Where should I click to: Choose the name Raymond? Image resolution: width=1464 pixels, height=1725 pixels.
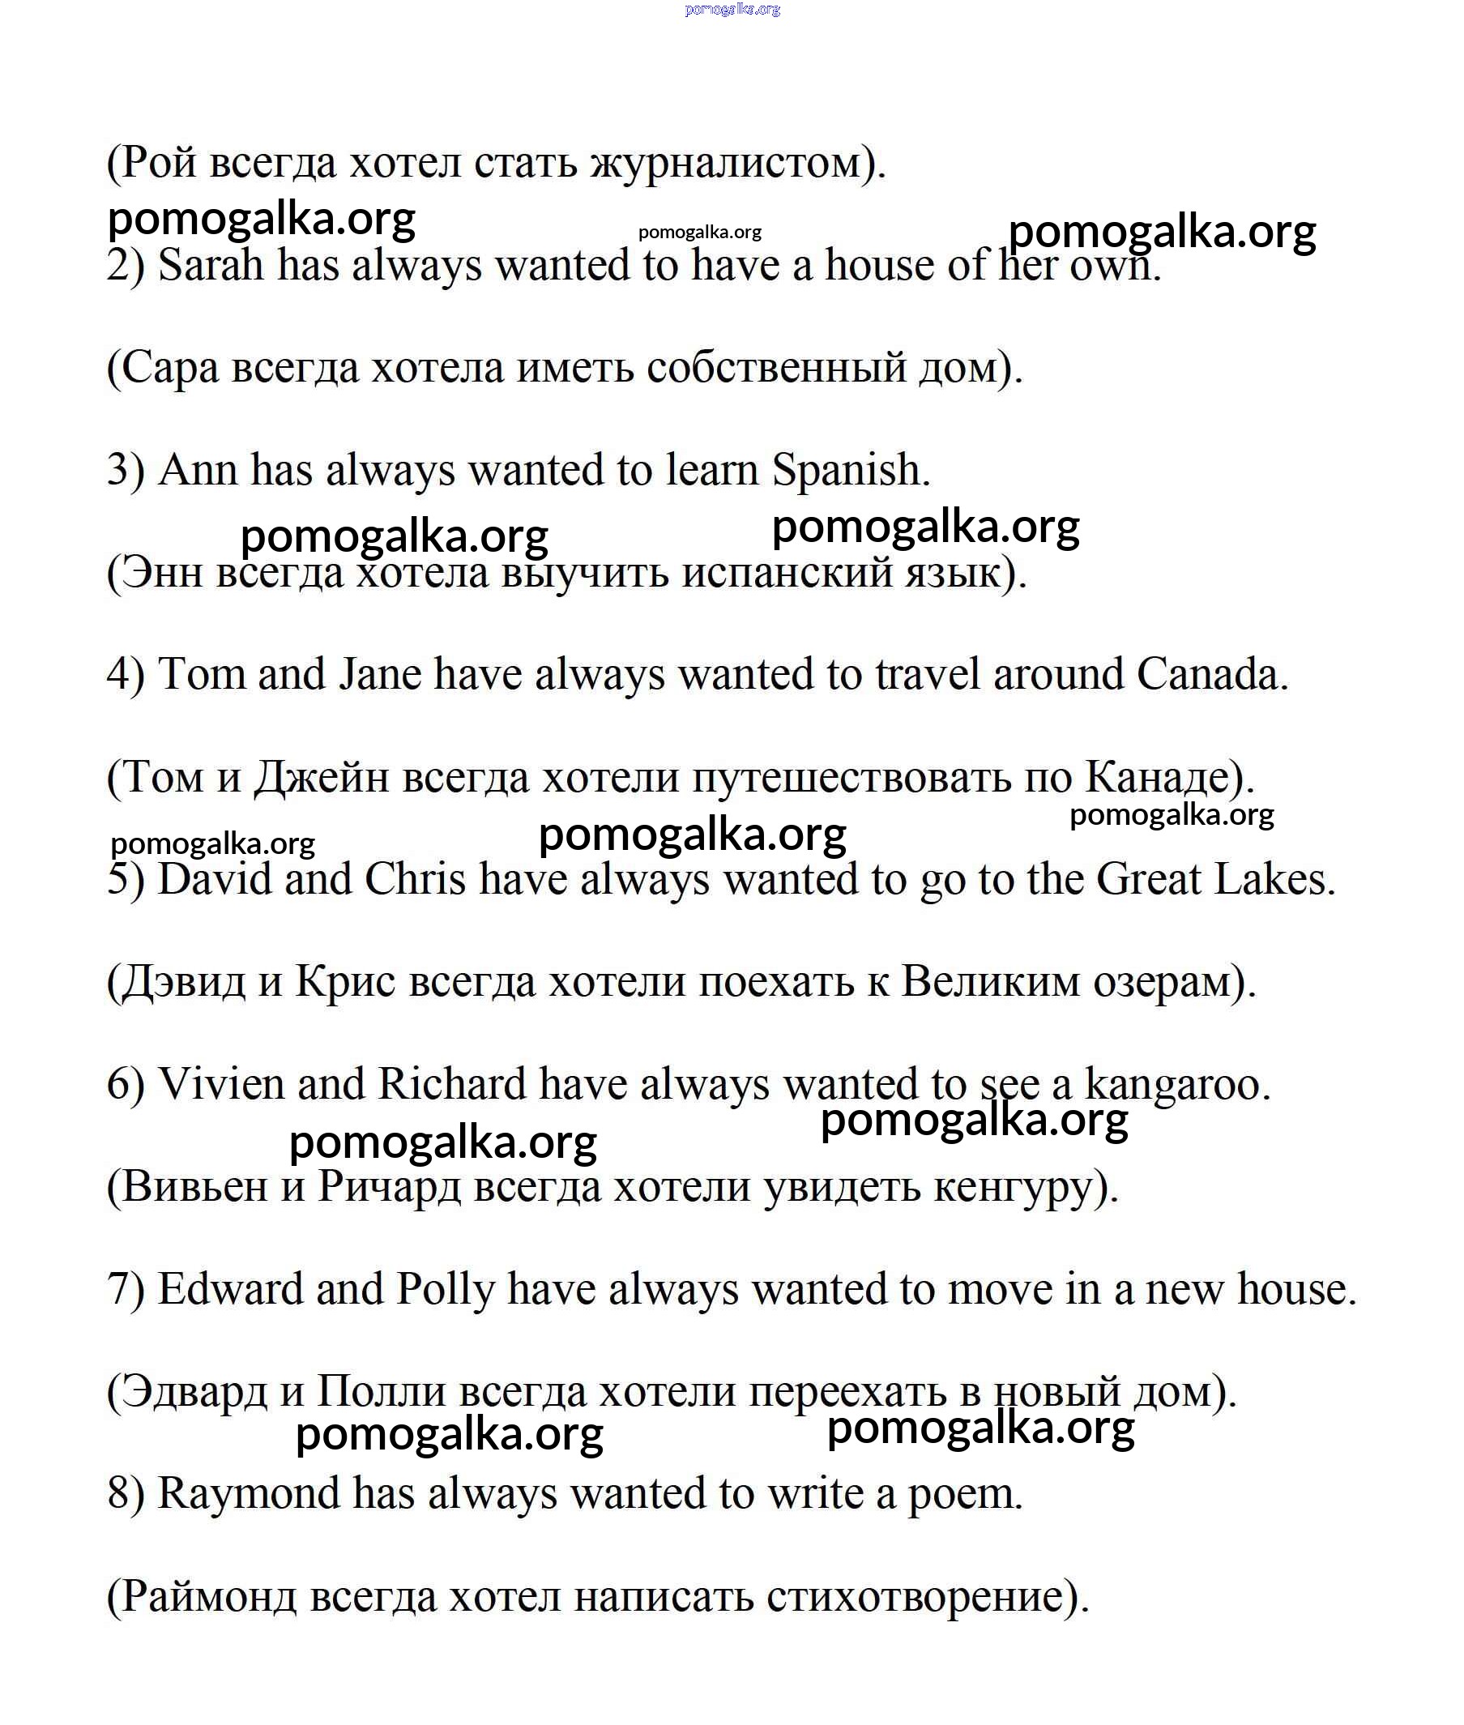coord(248,1493)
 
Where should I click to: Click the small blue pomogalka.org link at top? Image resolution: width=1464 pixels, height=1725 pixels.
coord(732,9)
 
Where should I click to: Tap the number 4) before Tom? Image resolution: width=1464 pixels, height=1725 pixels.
coord(126,674)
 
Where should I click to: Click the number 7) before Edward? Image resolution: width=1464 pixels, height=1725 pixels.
coord(126,1289)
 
